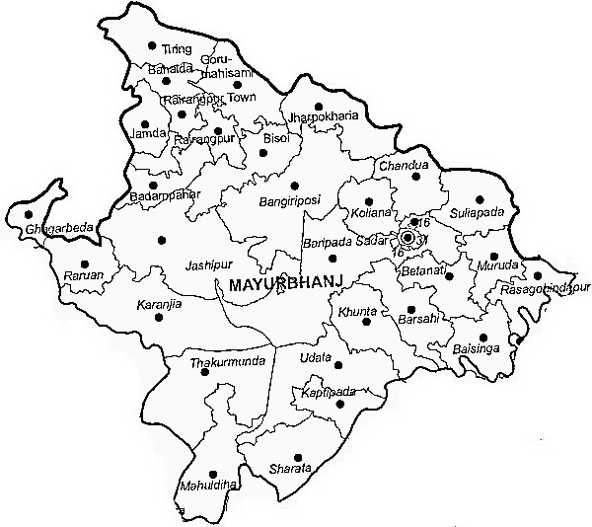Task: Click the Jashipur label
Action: tap(208, 265)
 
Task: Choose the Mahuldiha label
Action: tap(208, 485)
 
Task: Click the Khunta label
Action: tap(357, 313)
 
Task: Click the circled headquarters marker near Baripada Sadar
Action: tap(407, 237)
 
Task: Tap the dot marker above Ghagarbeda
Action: tap(29, 214)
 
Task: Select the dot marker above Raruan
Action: tap(84, 263)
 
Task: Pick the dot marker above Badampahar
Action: tap(153, 185)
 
